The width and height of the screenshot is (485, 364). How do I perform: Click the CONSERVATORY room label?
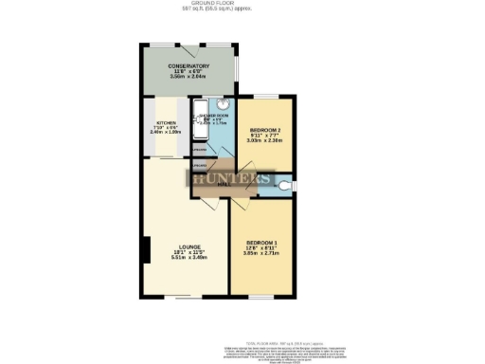coord(189,65)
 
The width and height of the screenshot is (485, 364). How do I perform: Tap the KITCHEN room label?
coord(166,122)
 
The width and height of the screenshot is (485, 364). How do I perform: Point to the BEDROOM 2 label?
coord(262,130)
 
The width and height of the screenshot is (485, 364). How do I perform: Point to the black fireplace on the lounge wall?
coord(145,250)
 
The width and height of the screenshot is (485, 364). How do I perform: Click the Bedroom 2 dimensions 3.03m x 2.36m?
coord(262,142)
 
